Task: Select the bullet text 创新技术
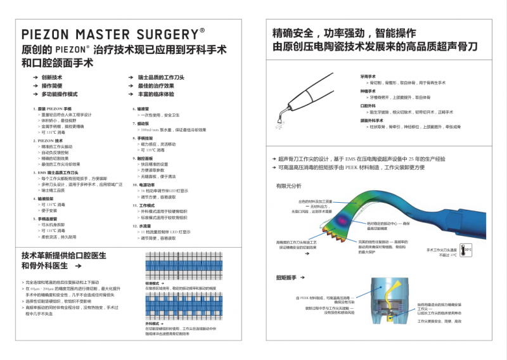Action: pyautogui.click(x=52, y=77)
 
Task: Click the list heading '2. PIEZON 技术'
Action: pyautogui.click(x=48, y=141)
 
